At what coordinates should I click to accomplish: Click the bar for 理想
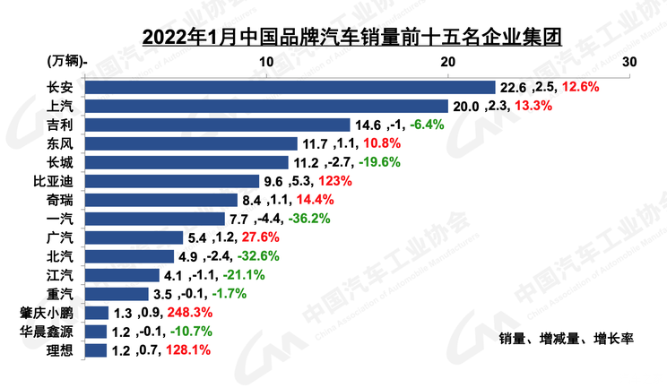[x=96, y=350]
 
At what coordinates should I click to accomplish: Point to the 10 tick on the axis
[x=266, y=62]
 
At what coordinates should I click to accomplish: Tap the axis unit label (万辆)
[x=65, y=62]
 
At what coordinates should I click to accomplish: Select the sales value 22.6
[x=513, y=88]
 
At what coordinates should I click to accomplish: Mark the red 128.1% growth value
[x=188, y=350]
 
